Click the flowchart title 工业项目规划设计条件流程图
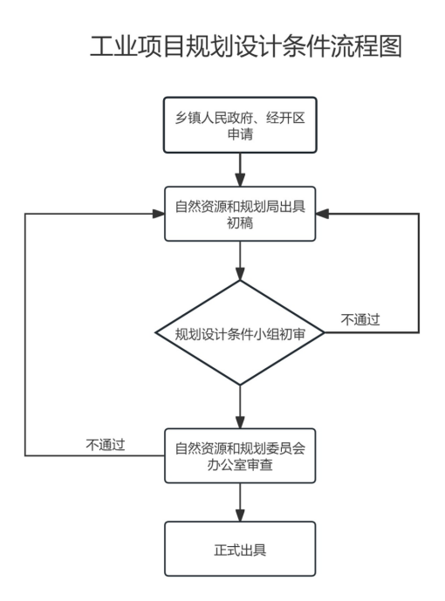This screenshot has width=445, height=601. [x=246, y=46]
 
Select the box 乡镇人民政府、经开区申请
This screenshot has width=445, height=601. [x=240, y=125]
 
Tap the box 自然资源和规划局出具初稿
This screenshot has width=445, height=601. [x=240, y=214]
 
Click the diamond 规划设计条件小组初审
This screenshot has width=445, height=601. [x=240, y=332]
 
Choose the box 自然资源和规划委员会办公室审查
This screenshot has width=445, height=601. [x=240, y=455]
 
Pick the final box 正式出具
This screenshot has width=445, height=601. [x=240, y=549]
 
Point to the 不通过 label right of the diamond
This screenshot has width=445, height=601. [x=360, y=319]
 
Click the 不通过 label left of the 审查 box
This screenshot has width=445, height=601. [x=106, y=445]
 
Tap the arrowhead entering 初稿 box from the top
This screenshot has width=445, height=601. [x=240, y=181]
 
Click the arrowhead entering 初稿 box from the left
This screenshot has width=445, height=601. [x=159, y=214]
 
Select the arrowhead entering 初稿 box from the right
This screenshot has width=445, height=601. [x=322, y=214]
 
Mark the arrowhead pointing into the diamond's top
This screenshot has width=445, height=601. [x=240, y=274]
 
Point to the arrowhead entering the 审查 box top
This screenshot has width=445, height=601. [x=240, y=422]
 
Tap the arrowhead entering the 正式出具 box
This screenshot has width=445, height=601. [x=240, y=516]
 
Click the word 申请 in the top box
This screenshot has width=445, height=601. [x=240, y=134]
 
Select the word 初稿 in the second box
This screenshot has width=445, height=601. [x=240, y=222]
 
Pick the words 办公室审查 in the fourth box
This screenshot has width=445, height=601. [x=240, y=465]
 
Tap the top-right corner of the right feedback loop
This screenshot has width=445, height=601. [x=419, y=214]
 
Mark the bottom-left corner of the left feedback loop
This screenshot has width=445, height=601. [x=25, y=455]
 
